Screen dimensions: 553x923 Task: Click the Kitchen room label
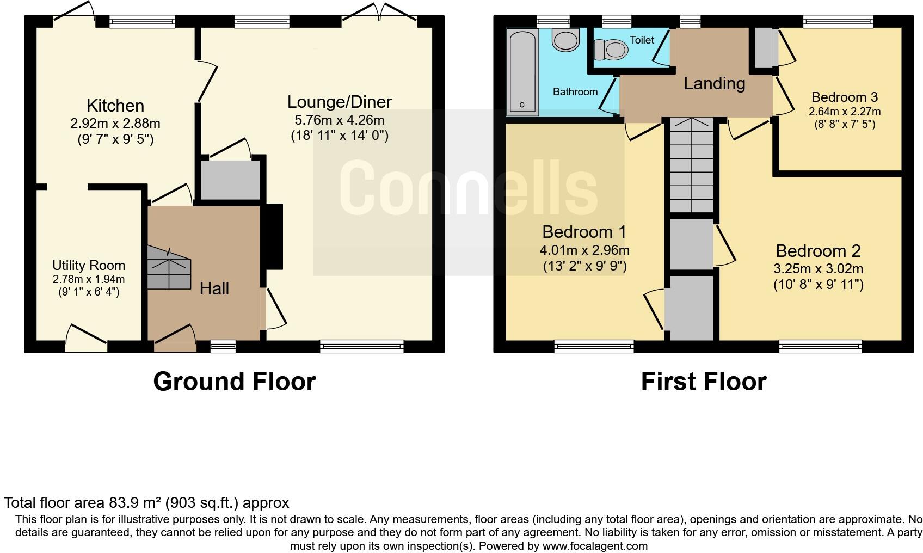[x=115, y=106]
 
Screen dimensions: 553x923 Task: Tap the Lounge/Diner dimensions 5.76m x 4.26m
[x=339, y=120]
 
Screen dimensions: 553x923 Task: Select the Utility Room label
[x=89, y=266]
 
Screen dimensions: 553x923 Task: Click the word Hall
[x=214, y=288]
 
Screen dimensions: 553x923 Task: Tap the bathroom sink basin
[x=565, y=40]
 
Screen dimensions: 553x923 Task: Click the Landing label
[x=714, y=84]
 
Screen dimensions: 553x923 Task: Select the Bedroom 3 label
[x=844, y=97]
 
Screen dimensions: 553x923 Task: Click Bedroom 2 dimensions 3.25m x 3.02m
[x=818, y=269]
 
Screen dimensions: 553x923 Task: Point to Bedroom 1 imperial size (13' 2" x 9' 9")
[x=584, y=266]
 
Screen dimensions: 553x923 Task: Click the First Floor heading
[x=703, y=382]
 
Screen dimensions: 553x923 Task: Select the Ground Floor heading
[x=235, y=382]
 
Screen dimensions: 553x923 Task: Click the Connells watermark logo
[x=469, y=186]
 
